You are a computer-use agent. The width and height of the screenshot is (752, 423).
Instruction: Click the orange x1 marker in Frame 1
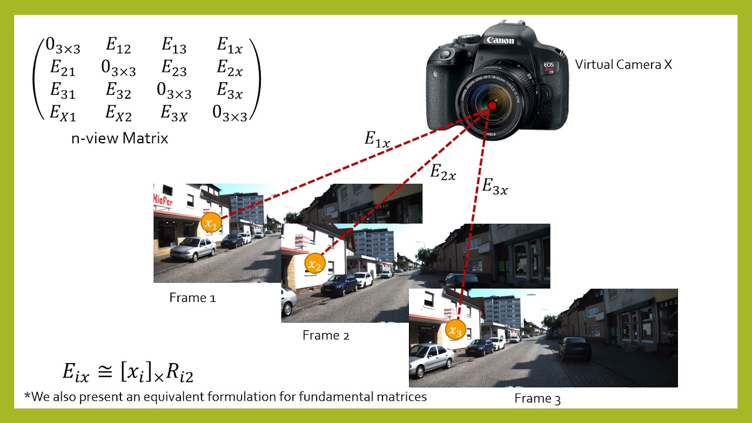click(x=211, y=223)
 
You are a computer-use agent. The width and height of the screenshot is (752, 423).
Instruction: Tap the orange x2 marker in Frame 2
click(x=315, y=264)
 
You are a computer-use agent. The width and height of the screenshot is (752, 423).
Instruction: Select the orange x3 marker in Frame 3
click(x=455, y=330)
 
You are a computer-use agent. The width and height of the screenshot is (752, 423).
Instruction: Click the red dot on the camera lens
click(x=492, y=105)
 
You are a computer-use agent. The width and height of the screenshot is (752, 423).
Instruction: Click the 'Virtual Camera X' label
click(x=623, y=65)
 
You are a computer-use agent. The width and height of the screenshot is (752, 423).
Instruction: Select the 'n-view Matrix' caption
click(x=119, y=139)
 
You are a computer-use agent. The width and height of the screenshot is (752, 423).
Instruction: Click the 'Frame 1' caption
click(x=192, y=298)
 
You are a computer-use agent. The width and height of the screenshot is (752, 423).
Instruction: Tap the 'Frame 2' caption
click(x=325, y=335)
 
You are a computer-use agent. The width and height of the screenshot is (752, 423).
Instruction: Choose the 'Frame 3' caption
click(x=537, y=399)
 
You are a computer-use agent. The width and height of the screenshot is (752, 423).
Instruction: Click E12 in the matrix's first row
click(x=119, y=45)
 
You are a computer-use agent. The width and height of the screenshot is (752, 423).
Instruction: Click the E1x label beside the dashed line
click(x=377, y=140)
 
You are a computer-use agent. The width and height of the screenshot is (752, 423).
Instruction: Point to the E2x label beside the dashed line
click(x=443, y=172)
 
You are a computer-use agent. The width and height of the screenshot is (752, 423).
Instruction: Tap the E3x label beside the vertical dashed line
click(x=495, y=187)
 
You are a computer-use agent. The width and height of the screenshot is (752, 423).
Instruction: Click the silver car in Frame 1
click(x=193, y=249)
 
